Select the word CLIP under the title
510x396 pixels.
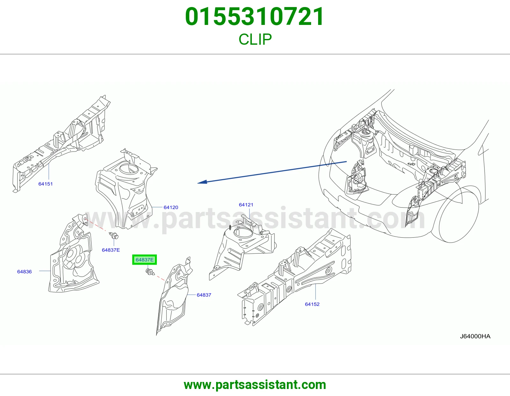[x=255, y=39]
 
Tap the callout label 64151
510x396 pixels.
[x=46, y=184]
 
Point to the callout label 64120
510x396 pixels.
[x=171, y=207]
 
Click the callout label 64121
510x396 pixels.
[x=246, y=205]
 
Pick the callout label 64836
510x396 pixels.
[x=25, y=271]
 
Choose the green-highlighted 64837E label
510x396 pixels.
[x=145, y=260]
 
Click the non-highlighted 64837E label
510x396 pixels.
[x=111, y=250]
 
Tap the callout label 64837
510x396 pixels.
[x=204, y=295]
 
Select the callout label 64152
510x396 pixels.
[x=312, y=304]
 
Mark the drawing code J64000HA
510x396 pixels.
[x=475, y=336]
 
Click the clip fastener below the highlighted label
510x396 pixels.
[x=150, y=272]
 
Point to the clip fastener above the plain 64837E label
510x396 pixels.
[x=114, y=236]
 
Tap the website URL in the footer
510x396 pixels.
[x=255, y=385]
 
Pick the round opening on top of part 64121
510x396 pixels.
[x=244, y=232]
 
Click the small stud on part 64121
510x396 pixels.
[x=230, y=228]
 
